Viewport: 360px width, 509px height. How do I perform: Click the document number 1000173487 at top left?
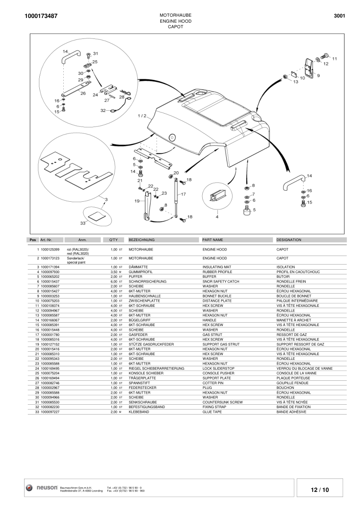click(41, 16)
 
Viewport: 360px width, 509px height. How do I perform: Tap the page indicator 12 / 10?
click(320, 490)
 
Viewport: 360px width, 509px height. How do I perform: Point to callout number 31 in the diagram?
click(96, 53)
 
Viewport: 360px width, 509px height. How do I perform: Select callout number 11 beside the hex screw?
click(334, 59)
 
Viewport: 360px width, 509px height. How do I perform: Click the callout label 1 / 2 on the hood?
click(142, 116)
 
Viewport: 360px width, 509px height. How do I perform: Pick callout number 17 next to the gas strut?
click(183, 194)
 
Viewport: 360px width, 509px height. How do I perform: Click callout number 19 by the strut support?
click(137, 200)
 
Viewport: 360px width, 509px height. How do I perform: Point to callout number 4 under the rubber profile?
click(217, 217)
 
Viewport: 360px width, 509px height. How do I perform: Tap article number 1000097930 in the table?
click(50, 272)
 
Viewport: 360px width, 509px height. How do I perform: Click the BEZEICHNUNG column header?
click(142, 240)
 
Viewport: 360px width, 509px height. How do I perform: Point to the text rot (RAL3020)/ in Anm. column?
click(78, 249)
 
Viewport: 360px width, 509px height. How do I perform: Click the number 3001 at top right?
click(339, 16)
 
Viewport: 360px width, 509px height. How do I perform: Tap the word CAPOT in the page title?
click(175, 26)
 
